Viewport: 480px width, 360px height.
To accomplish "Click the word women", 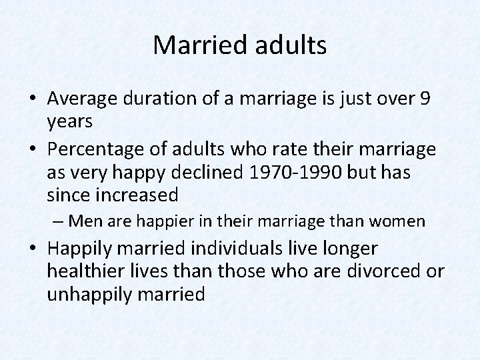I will pyautogui.click(x=399, y=221).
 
